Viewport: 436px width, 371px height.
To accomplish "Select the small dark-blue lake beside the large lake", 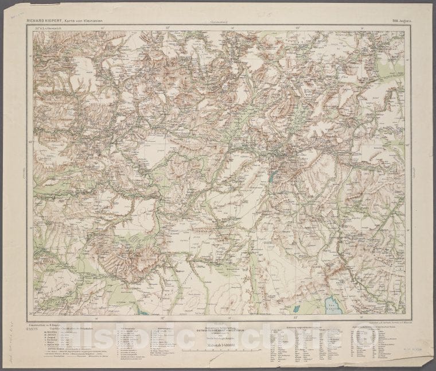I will point(297,309).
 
